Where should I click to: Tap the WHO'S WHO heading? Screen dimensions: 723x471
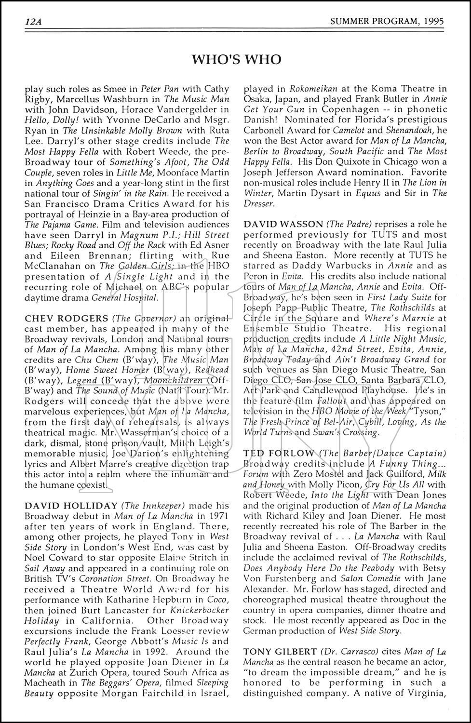[x=236, y=59]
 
